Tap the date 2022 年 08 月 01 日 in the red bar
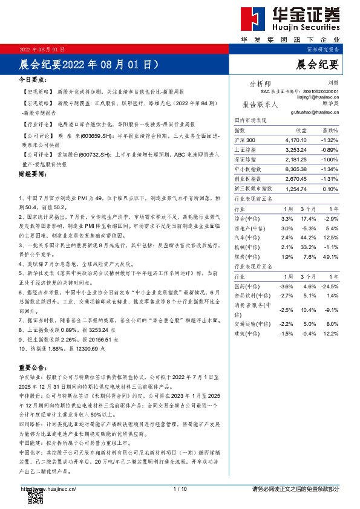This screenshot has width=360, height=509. point(43,48)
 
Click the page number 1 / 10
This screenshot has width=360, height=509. point(180,488)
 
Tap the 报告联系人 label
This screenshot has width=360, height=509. point(260,104)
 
